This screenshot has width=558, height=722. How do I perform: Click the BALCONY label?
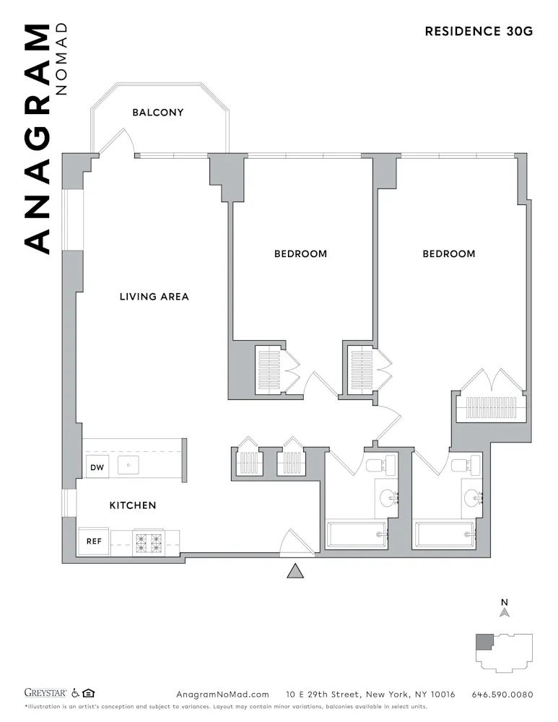157,113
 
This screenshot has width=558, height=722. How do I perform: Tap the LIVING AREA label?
154,297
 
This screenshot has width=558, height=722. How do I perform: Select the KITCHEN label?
133,505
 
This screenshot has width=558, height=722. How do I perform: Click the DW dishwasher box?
97,468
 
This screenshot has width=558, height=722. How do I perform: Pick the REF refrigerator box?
94,541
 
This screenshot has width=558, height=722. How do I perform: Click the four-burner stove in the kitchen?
148,541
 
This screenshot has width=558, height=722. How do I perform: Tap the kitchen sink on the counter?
128,466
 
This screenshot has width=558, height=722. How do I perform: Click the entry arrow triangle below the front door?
294,571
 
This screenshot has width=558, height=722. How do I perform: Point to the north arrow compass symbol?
505,611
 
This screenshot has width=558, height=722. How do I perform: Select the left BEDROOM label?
300,254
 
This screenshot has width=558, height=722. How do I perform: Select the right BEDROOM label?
449,254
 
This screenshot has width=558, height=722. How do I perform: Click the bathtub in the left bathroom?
357,536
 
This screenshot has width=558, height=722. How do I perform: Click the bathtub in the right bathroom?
445,536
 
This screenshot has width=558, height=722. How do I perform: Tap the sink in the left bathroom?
390,497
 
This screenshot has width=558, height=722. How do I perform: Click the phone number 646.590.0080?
502,695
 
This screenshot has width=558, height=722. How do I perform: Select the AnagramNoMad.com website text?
222,695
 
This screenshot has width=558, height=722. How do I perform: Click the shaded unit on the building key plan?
483,641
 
